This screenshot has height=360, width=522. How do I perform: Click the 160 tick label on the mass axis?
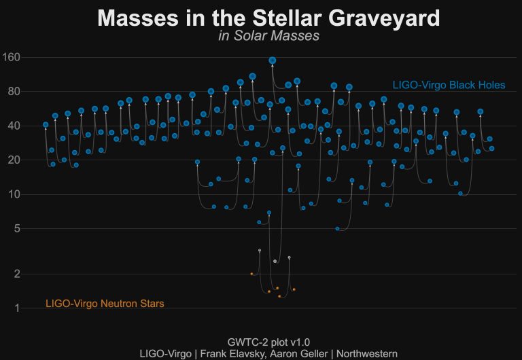coord(13,57)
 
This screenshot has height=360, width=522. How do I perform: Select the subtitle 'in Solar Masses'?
coord(269,36)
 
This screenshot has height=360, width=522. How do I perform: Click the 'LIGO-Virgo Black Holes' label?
coord(449,85)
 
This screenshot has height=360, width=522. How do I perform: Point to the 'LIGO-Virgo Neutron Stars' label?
coord(105,304)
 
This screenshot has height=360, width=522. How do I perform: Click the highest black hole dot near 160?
coord(273,60)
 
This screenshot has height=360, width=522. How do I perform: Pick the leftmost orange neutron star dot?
coord(251,274)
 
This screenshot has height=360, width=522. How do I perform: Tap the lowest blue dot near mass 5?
coord(338,229)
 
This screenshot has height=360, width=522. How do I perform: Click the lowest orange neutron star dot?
coord(279,296)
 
